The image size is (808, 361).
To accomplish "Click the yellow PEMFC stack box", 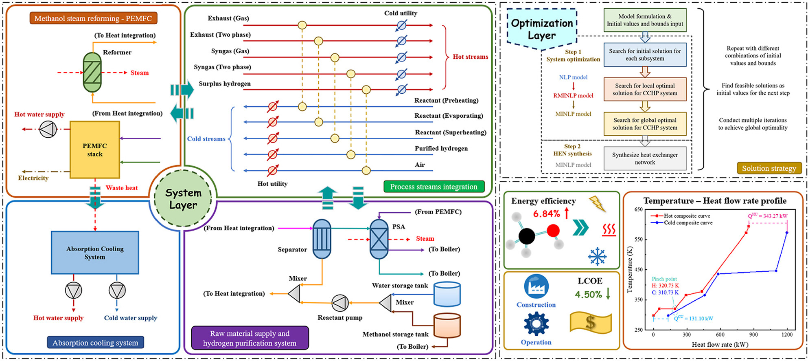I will [x=95, y=150].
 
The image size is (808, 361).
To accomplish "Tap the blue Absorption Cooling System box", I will [x=95, y=253].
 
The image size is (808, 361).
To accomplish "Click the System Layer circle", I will [x=183, y=199].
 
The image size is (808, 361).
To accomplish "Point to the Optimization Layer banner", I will [x=542, y=29].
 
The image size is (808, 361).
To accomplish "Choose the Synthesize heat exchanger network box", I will [x=645, y=158].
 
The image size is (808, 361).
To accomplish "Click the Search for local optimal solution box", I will [x=645, y=89].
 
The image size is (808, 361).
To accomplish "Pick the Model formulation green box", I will [x=645, y=20].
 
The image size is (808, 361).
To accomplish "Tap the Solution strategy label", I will [x=769, y=168].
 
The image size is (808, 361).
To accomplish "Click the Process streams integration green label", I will [x=434, y=187].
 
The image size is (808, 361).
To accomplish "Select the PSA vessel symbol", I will [x=379, y=239].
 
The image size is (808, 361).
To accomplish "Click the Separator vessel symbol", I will [x=322, y=239].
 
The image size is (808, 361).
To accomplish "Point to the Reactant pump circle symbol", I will [x=340, y=303].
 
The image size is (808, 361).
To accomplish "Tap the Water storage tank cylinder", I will [x=447, y=294].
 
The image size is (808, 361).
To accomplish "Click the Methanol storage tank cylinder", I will [x=447, y=326].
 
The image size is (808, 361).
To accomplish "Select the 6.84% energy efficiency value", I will [x=546, y=214].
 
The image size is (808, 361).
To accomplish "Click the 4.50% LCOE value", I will [x=588, y=294].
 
